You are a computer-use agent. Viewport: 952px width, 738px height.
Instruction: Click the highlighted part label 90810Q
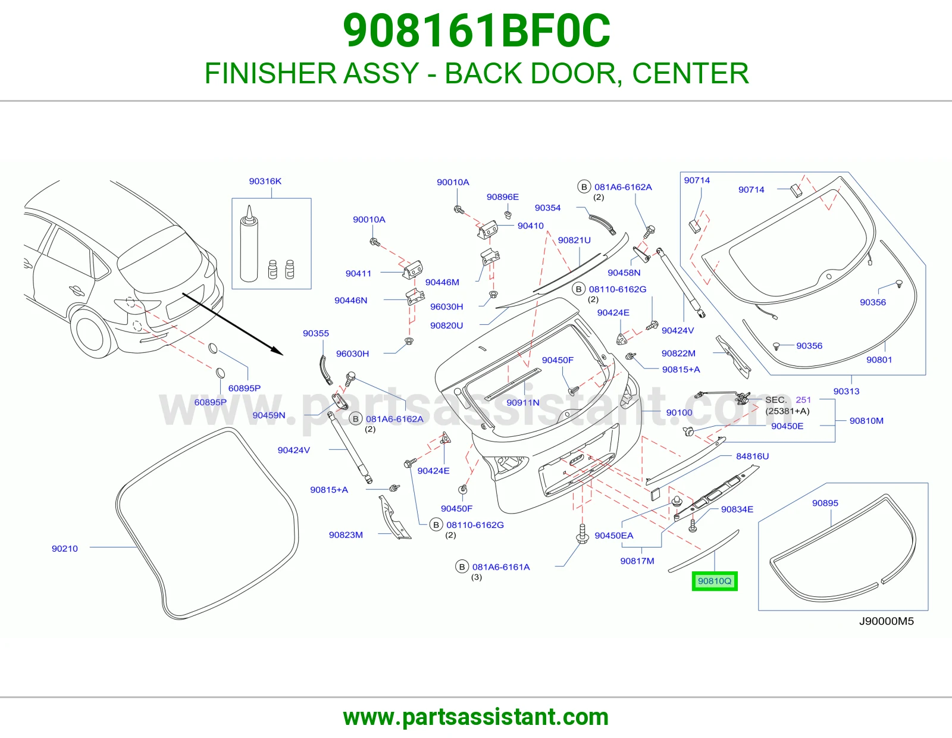pos(715,581)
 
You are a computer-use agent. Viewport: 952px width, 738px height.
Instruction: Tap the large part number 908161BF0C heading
pos(476,31)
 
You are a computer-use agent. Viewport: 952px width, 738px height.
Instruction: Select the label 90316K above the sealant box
pos(265,181)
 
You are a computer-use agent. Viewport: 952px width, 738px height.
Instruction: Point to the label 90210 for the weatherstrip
pos(65,548)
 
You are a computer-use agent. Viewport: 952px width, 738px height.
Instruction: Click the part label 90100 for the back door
pos(679,412)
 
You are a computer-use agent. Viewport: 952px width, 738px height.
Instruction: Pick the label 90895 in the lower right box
pos(825,503)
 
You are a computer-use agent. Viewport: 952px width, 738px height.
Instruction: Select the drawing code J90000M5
pos(887,621)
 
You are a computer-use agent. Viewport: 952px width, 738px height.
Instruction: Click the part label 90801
pos(879,359)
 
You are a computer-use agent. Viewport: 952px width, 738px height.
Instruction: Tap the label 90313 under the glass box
pos(847,391)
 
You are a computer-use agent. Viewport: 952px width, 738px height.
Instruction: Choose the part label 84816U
pos(752,456)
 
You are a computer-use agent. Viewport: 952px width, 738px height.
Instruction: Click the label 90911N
pos(522,402)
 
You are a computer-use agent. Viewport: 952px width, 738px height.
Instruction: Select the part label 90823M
pos(346,534)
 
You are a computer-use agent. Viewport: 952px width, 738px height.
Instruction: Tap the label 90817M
pos(637,561)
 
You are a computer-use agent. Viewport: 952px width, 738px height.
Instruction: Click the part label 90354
pos(547,208)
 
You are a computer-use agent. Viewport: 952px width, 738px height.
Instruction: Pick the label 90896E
pos(503,197)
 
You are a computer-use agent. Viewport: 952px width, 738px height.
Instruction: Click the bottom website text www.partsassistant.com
pos(476,717)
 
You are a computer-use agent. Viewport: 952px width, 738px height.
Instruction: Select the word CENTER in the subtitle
pos(690,73)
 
